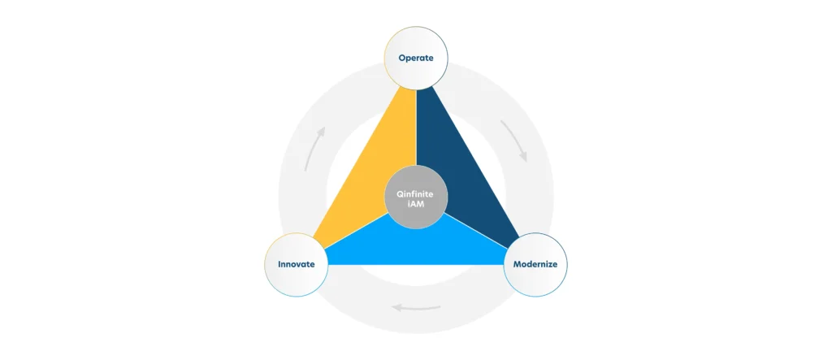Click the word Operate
(x=416, y=58)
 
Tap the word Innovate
(x=296, y=264)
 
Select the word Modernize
(x=535, y=264)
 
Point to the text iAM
(x=416, y=204)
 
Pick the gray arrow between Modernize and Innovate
(x=416, y=307)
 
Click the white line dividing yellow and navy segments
(x=417, y=128)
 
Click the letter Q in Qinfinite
(x=401, y=194)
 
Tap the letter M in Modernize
(x=517, y=264)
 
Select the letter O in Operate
(x=402, y=58)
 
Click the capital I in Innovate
(x=279, y=264)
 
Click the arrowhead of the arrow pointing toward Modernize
(x=523, y=157)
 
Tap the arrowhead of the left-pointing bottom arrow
(x=396, y=307)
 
